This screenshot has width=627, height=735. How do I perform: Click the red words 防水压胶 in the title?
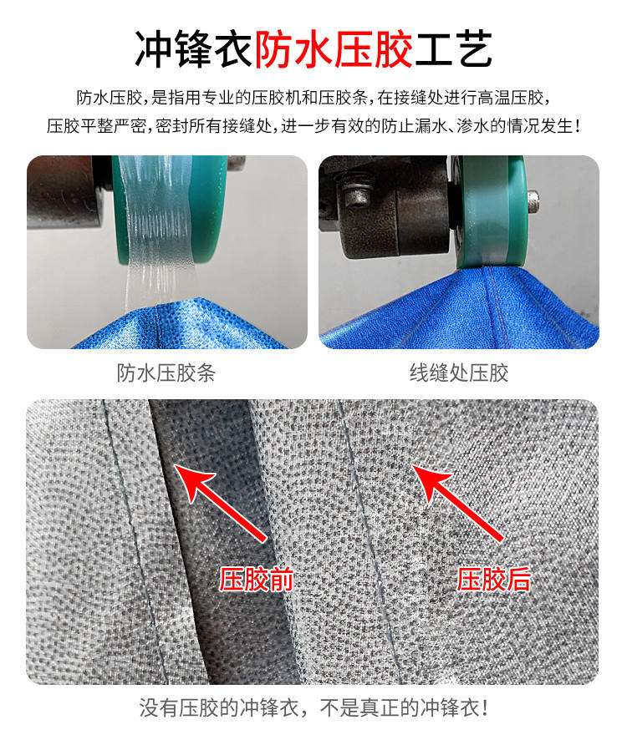pos(334,48)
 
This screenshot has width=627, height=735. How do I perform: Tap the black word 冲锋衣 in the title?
pos(195,48)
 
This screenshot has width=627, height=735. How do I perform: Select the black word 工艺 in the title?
pos(453,48)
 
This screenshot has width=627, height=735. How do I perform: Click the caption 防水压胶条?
pos(166,373)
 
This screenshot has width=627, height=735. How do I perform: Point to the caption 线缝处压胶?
pos(458,373)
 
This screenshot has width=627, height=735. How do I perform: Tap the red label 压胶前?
pos(257,580)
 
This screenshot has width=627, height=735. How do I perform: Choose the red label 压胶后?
pos(494,580)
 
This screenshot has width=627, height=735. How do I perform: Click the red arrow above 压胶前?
pos(221,503)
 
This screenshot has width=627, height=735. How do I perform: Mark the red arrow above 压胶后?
pos(458,503)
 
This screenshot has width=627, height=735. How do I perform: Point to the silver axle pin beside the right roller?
pos(533,200)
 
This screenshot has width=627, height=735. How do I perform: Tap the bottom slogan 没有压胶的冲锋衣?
pos(219,707)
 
